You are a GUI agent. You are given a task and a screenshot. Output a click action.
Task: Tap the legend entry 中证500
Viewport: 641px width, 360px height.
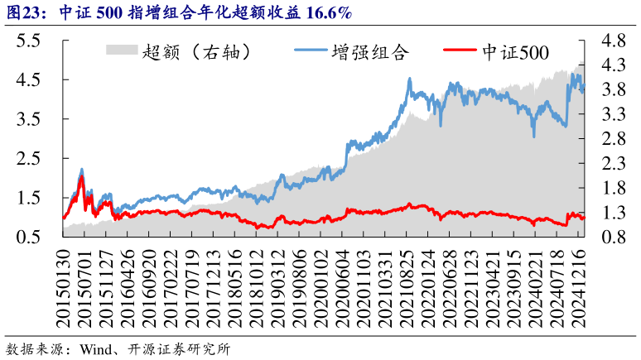click(514, 52)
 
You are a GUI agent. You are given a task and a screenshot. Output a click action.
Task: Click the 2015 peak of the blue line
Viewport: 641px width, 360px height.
click(81, 170)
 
